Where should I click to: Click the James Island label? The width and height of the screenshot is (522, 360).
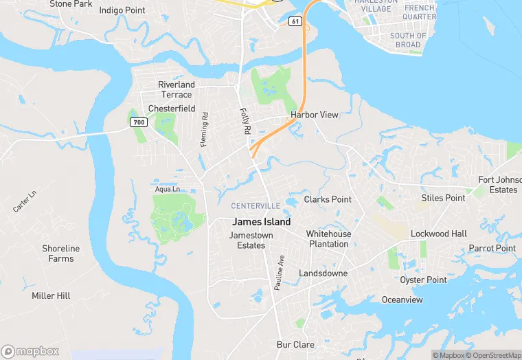click(x=261, y=222)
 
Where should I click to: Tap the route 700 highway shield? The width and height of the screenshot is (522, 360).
click(x=139, y=122)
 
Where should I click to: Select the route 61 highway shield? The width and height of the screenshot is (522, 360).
click(x=295, y=21)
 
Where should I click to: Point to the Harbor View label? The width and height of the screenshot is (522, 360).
click(x=315, y=115)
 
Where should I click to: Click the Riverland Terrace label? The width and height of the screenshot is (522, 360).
click(x=177, y=89)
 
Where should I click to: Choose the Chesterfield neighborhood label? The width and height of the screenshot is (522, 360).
click(x=172, y=109)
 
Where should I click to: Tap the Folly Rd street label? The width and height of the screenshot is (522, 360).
click(x=245, y=121)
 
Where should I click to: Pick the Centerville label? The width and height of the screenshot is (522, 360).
click(x=256, y=206)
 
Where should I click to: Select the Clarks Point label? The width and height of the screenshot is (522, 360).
click(x=328, y=199)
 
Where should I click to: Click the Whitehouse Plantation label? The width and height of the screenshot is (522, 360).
click(x=328, y=239)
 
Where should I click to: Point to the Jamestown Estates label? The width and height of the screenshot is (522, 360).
click(x=251, y=240)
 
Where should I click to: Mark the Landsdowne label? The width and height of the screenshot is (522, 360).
click(x=323, y=273)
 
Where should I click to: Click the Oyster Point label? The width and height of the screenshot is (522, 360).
click(x=423, y=280)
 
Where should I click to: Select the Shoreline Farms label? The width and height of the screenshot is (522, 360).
click(x=60, y=254)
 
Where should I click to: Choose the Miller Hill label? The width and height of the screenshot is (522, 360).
click(x=51, y=295)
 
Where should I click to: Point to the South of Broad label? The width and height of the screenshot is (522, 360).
click(x=408, y=40)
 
